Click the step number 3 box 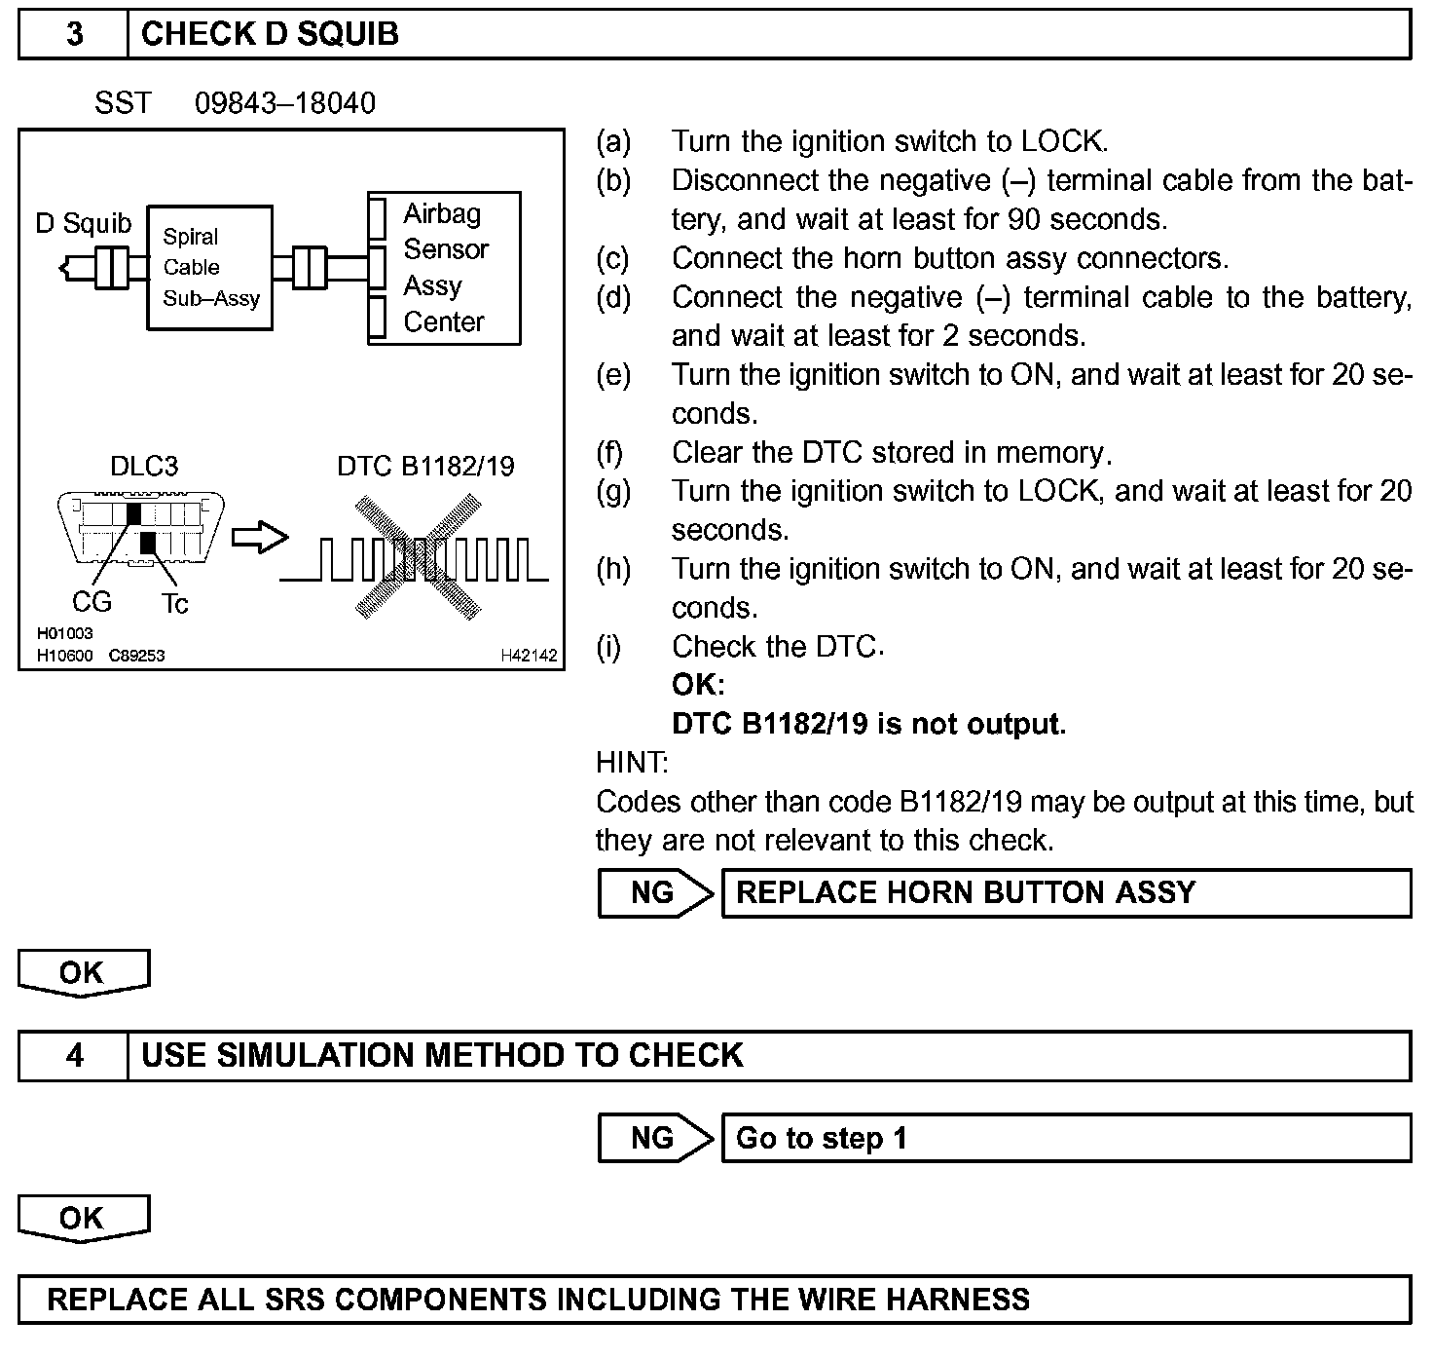[74, 34]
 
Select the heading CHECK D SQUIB [270, 34]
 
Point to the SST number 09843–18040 [284, 103]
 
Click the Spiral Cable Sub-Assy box [210, 267]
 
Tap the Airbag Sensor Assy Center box [445, 268]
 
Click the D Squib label [83, 223]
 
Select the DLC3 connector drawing [141, 527]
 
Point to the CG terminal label [92, 602]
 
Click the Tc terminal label [175, 604]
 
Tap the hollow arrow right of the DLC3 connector [260, 537]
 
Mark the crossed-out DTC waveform [419, 558]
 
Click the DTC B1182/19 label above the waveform [425, 466]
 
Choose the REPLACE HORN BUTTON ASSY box [1066, 893]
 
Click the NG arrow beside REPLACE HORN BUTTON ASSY [656, 893]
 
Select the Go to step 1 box [1066, 1138]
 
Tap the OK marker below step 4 [83, 1220]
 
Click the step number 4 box [74, 1056]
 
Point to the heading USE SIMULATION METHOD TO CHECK [442, 1056]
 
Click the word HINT [632, 762]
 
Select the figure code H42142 [529, 656]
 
